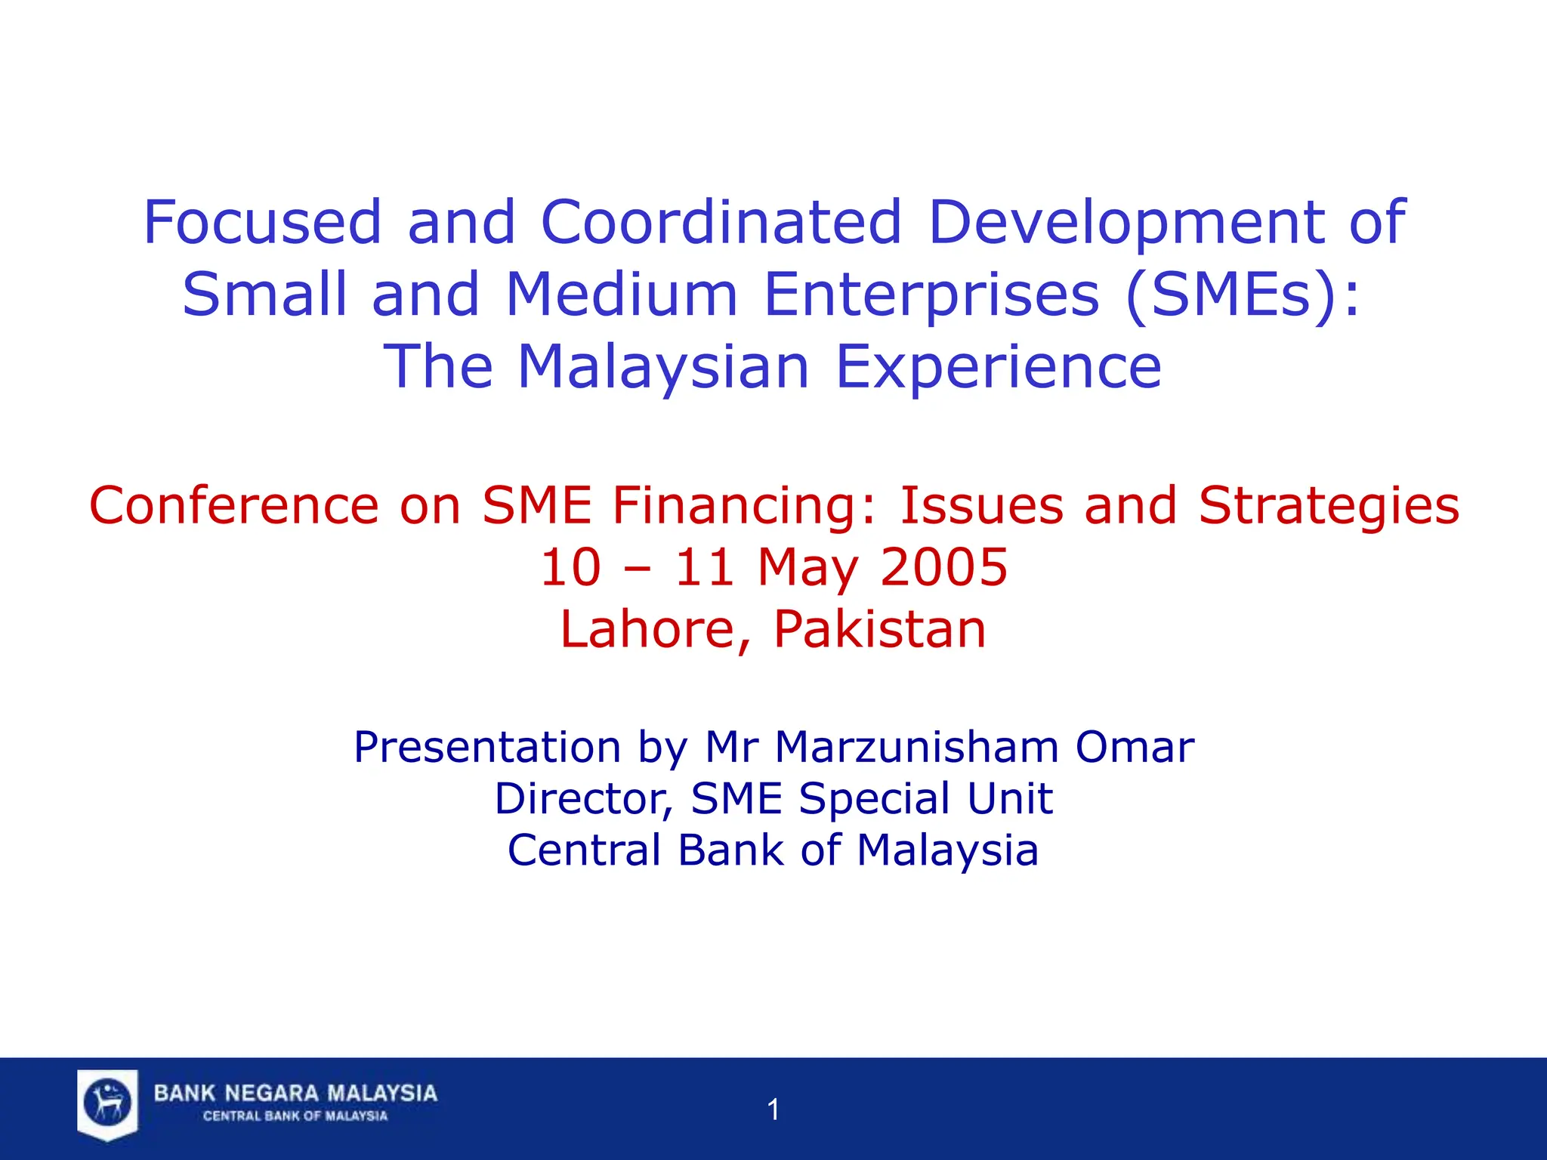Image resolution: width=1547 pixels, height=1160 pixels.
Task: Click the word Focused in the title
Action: [262, 222]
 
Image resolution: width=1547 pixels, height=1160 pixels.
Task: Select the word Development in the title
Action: [1126, 222]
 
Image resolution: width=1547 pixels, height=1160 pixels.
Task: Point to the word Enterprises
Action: [931, 295]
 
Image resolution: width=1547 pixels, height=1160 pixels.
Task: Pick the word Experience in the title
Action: [998, 367]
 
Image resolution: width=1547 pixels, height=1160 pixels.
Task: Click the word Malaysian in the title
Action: [663, 367]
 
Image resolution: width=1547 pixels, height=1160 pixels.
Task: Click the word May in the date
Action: [807, 568]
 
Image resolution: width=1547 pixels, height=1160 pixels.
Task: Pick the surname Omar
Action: [1135, 747]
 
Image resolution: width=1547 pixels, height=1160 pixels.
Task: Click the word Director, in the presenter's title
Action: [583, 798]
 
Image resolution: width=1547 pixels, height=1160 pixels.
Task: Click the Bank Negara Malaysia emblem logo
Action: [107, 1103]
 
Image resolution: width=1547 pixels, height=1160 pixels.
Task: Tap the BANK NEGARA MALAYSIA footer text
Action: [295, 1093]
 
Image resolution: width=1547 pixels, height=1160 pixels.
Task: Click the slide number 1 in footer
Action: [773, 1109]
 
